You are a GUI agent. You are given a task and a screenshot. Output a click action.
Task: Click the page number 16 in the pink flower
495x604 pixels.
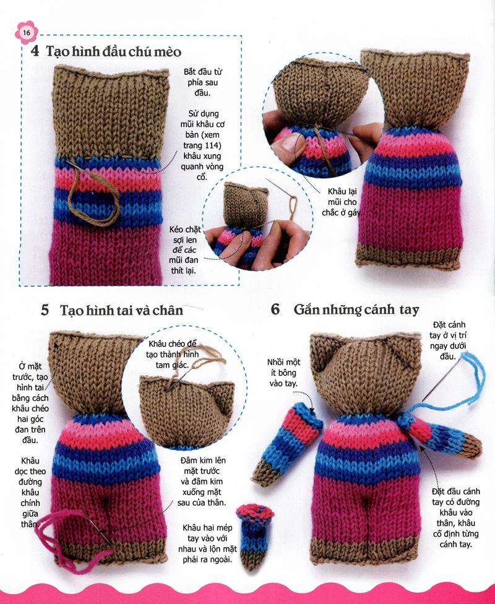coord(26,33)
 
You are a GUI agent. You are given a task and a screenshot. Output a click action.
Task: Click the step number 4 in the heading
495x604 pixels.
coord(35,51)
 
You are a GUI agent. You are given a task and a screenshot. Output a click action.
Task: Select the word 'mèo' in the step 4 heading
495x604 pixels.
coord(168,51)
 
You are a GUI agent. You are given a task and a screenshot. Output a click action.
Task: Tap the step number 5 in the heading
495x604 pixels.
coord(45,309)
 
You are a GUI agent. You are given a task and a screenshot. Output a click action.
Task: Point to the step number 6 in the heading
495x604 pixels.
coord(275,309)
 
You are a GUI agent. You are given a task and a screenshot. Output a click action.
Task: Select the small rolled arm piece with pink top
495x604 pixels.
coord(254,535)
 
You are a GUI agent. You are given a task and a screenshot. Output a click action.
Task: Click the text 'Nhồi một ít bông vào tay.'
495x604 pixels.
coord(283,373)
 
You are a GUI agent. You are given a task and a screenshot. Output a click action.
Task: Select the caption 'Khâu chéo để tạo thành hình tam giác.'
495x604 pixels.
coord(173,354)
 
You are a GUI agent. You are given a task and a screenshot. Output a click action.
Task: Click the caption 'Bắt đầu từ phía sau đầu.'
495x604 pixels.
coord(203,82)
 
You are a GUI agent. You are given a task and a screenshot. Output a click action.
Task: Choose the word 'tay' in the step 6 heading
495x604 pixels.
coord(409,309)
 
